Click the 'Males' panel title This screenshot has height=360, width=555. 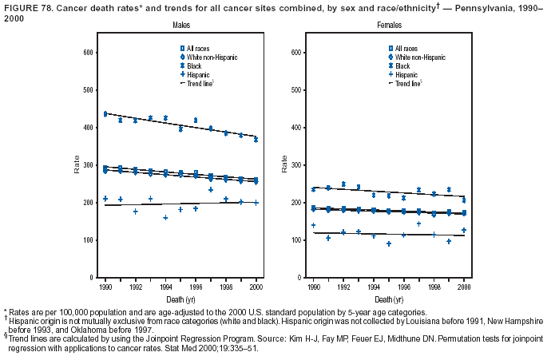(x=181, y=26)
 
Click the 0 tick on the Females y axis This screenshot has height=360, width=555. (x=298, y=278)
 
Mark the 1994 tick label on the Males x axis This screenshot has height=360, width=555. (x=165, y=286)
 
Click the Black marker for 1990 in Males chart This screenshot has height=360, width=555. (x=105, y=114)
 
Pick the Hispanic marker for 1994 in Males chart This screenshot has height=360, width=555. (x=165, y=217)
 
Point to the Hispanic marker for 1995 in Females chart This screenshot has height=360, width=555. (x=389, y=243)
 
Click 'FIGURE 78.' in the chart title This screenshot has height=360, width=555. (x=24, y=7)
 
